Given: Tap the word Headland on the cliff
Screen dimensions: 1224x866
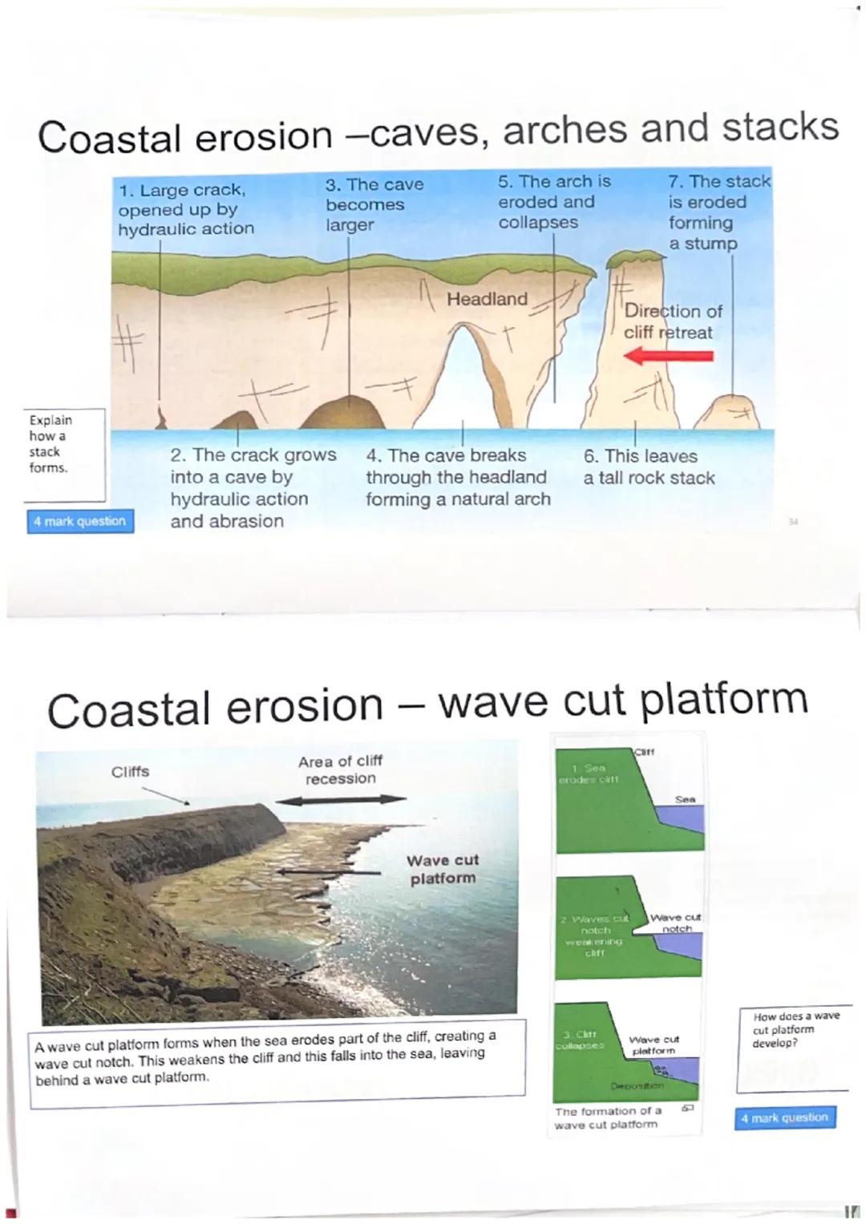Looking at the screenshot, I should (487, 299).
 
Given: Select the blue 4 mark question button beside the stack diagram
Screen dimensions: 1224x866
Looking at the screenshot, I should (80, 521).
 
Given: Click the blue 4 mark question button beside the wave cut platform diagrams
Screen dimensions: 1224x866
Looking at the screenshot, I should (784, 1117).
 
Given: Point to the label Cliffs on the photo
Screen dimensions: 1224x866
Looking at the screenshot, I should (130, 771).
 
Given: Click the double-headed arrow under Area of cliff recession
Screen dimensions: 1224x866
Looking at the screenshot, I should (341, 799).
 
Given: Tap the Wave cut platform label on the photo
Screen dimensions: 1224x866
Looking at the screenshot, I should (442, 869).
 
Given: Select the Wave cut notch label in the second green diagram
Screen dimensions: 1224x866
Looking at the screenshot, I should (675, 923).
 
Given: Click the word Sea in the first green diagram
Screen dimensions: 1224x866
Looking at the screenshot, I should (685, 799).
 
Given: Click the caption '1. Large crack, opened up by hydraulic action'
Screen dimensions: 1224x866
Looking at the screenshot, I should (185, 209).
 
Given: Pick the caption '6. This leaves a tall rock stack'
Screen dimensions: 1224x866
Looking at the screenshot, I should (649, 467).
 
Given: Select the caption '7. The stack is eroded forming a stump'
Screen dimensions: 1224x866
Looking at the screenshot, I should (718, 212).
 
